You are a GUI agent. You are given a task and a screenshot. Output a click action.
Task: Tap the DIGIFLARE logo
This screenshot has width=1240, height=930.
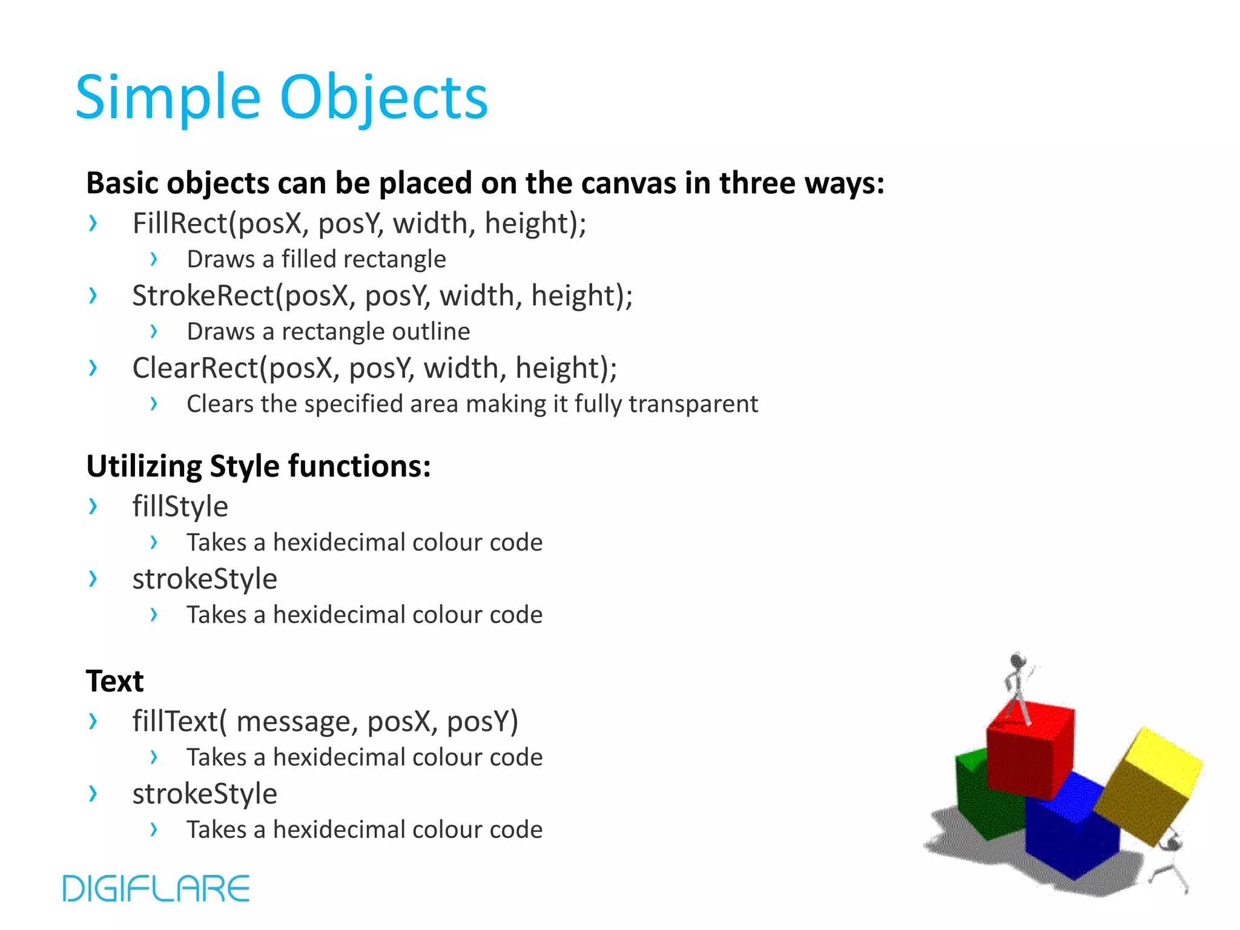156,888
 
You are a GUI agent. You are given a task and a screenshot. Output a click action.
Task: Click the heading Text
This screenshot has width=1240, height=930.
114,681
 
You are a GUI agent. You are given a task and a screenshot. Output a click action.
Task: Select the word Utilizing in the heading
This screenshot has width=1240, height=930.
144,466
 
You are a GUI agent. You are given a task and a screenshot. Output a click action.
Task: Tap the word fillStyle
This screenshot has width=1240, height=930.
180,506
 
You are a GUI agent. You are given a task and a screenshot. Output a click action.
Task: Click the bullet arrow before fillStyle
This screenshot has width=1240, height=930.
93,506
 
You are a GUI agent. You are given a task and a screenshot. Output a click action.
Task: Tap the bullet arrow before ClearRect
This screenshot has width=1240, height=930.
93,368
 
